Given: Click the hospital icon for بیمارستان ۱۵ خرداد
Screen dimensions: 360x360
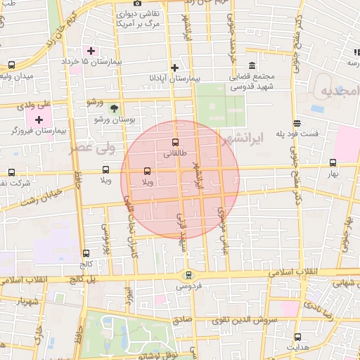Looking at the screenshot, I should (91, 51).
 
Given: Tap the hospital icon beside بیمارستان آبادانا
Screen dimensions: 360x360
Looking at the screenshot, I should (175, 67).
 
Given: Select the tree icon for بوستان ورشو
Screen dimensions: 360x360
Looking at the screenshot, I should (114, 108).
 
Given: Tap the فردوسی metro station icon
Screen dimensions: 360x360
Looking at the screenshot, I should (188, 275).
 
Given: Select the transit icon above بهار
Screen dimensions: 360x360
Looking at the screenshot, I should (333, 162).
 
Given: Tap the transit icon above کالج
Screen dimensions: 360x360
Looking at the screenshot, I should (86, 253).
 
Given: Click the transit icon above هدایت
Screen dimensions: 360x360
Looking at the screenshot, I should (298, 337).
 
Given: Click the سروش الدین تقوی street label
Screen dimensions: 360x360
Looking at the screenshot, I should (262, 319).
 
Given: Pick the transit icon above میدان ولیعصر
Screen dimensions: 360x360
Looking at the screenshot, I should (11, 65).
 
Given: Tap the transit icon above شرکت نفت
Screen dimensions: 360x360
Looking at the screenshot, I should (11, 172).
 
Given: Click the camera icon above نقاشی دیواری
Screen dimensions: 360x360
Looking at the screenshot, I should (137, 3).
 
